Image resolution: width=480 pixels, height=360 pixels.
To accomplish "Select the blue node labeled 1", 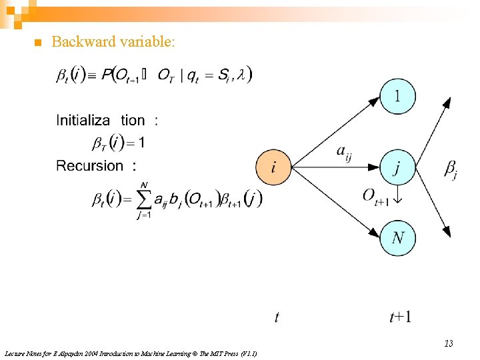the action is pyautogui.click(x=397, y=97).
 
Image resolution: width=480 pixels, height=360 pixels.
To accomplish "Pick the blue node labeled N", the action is pyautogui.click(x=397, y=238).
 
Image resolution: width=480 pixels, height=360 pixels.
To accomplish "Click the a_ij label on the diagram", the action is pyautogui.click(x=344, y=154).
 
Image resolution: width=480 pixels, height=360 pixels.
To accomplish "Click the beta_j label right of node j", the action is pyautogui.click(x=451, y=169).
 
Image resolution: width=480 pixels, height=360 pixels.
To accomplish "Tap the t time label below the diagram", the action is pyautogui.click(x=277, y=317).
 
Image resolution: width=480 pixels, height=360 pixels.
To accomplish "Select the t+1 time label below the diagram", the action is pyautogui.click(x=401, y=317).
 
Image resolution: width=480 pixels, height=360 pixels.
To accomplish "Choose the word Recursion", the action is pyautogui.click(x=90, y=165).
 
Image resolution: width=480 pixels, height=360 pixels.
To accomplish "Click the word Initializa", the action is pyautogui.click(x=83, y=121).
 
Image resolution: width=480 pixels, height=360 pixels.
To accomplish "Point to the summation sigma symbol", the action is pyautogui.click(x=144, y=198).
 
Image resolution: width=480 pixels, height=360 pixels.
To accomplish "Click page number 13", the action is pyautogui.click(x=449, y=344).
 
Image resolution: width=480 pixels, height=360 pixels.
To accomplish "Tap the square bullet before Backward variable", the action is pyautogui.click(x=37, y=43).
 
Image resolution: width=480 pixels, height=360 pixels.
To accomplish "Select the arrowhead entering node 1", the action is pyautogui.click(x=375, y=103).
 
